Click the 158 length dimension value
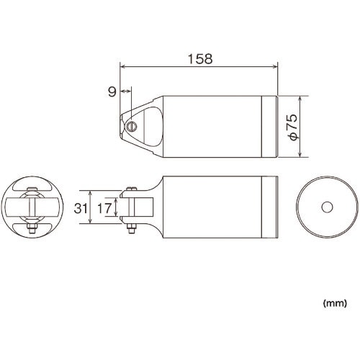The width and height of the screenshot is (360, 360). pyautogui.click(x=200, y=59)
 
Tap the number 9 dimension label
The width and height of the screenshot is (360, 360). pyautogui.click(x=112, y=91)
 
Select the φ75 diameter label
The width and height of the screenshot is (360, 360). pyautogui.click(x=293, y=127)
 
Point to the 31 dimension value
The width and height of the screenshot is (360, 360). pyautogui.click(x=81, y=208)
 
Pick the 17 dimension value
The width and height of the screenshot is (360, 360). pyautogui.click(x=104, y=208)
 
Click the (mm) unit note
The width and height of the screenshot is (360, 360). pyautogui.click(x=335, y=303)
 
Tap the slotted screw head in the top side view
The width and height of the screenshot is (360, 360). pyautogui.click(x=132, y=126)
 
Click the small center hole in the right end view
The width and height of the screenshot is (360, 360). pyautogui.click(x=327, y=207)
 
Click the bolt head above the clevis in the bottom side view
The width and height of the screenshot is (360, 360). pyautogui.click(x=131, y=189)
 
